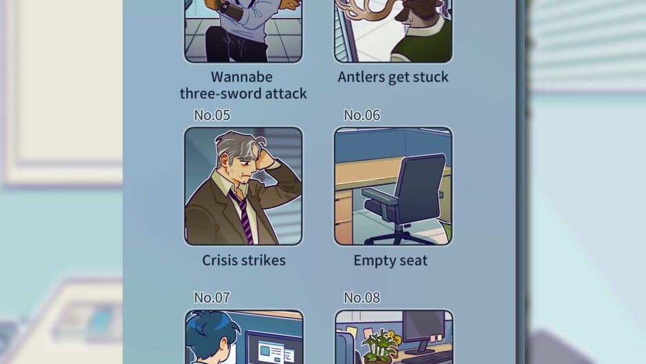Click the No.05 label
(x=212, y=115)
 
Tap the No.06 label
(x=361, y=115)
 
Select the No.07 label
(x=212, y=297)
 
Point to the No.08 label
(x=361, y=297)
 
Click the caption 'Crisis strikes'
(x=243, y=260)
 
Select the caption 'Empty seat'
(x=390, y=260)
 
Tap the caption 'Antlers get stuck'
(x=393, y=77)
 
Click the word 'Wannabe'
(x=241, y=76)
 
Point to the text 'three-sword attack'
(x=243, y=93)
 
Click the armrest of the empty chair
(x=381, y=197)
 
